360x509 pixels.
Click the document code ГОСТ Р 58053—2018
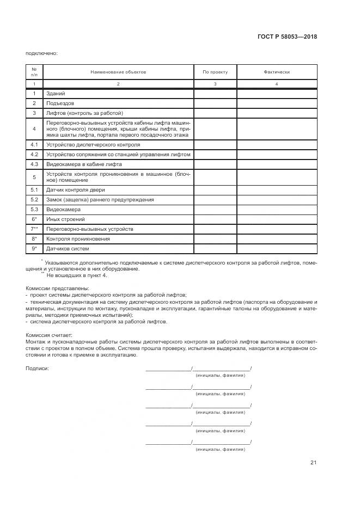coord(286,37)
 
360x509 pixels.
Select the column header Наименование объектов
coord(118,72)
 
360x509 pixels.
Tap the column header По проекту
coord(215,72)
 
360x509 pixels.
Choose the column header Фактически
coord(277,72)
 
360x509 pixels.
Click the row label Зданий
coord(56,94)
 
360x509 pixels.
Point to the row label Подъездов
coord(60,103)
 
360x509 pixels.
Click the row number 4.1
coord(34,145)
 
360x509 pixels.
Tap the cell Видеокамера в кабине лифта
coord(83,164)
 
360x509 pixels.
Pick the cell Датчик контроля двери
coord(75,190)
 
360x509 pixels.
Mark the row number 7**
coord(34,229)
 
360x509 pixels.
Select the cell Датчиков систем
coord(68,249)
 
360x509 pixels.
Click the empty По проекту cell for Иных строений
coord(215,219)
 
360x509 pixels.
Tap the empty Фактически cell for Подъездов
coord(277,103)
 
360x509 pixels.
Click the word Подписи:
coord(37,369)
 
